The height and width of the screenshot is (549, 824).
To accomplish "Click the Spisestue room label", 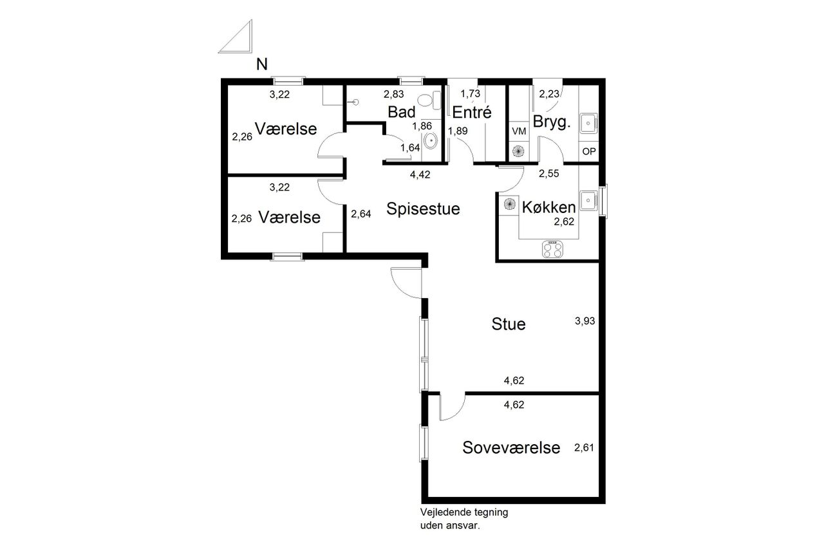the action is click(x=423, y=209).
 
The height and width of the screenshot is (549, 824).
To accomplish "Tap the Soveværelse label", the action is click(x=511, y=447).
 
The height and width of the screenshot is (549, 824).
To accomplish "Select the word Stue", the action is click(x=509, y=324).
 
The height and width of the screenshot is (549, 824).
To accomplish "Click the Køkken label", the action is click(x=548, y=207).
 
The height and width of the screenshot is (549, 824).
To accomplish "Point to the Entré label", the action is click(x=472, y=112).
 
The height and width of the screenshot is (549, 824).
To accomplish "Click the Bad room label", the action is click(x=401, y=112).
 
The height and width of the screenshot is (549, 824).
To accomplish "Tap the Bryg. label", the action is click(x=552, y=122).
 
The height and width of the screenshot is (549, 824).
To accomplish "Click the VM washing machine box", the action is click(x=519, y=131).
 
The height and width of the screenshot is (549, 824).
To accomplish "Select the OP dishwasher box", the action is click(x=588, y=151).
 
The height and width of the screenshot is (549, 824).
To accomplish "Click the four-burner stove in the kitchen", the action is click(x=552, y=249).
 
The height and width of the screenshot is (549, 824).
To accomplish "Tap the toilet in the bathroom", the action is click(x=429, y=100).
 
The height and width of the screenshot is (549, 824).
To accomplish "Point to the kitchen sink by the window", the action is click(x=588, y=200).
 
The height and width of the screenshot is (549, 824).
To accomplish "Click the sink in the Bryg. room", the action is click(x=588, y=123).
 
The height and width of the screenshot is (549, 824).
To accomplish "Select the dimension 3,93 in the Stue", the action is click(x=585, y=321).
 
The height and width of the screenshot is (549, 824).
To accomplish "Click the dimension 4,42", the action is click(x=420, y=174).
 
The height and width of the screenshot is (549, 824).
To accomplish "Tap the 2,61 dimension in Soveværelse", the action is click(x=584, y=448).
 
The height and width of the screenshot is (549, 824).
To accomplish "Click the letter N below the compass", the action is click(x=261, y=64).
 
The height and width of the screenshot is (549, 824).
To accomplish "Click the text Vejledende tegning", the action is click(x=464, y=512).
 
